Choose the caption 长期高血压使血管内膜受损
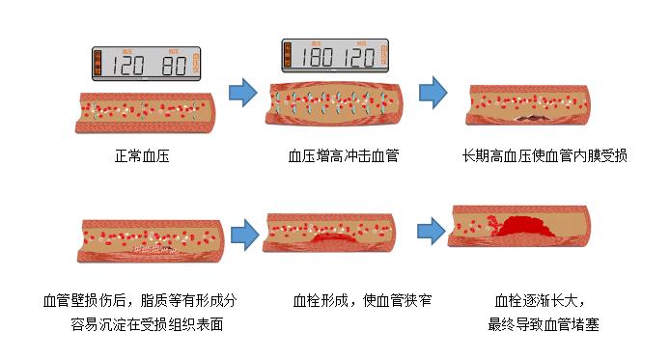[544, 154]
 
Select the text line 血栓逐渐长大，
[541, 300]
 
